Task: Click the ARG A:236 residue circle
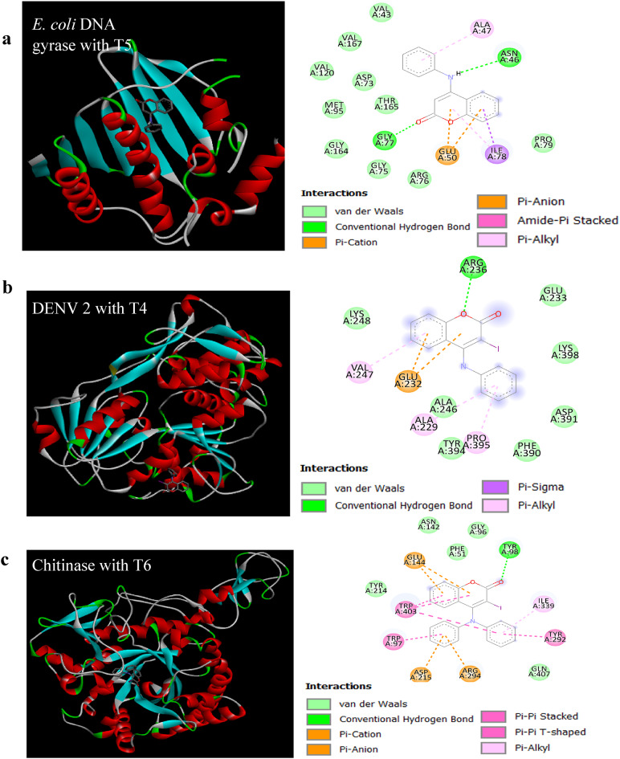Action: click(x=475, y=267)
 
